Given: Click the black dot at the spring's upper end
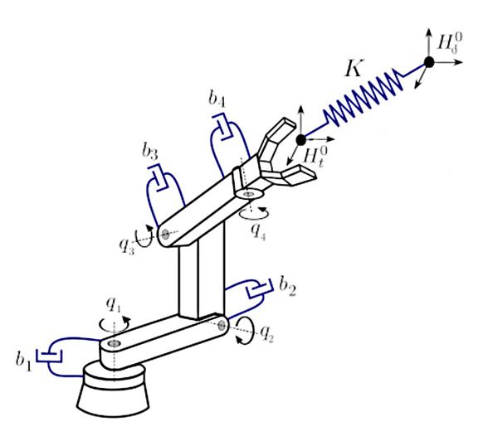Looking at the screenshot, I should pyautogui.click(x=429, y=62).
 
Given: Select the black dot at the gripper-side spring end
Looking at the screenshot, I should pyautogui.click(x=301, y=138).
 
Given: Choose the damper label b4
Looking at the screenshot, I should pyautogui.click(x=217, y=101).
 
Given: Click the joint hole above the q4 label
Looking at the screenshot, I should pyautogui.click(x=248, y=193).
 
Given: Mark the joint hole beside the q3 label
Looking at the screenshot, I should pyautogui.click(x=165, y=235).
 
